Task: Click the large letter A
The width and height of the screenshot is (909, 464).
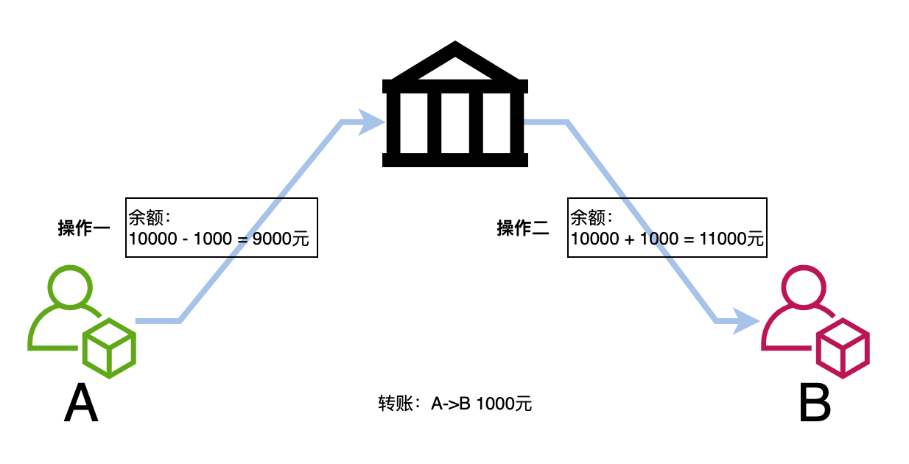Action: [81, 403]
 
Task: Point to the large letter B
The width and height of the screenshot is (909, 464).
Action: [815, 403]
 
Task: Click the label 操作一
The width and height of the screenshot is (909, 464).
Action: [84, 228]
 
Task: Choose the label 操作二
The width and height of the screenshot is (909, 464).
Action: [523, 228]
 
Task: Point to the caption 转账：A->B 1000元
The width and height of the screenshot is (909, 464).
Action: [455, 404]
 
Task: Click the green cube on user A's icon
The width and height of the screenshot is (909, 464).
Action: [109, 348]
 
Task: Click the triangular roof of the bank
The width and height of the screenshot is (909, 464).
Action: [454, 63]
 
